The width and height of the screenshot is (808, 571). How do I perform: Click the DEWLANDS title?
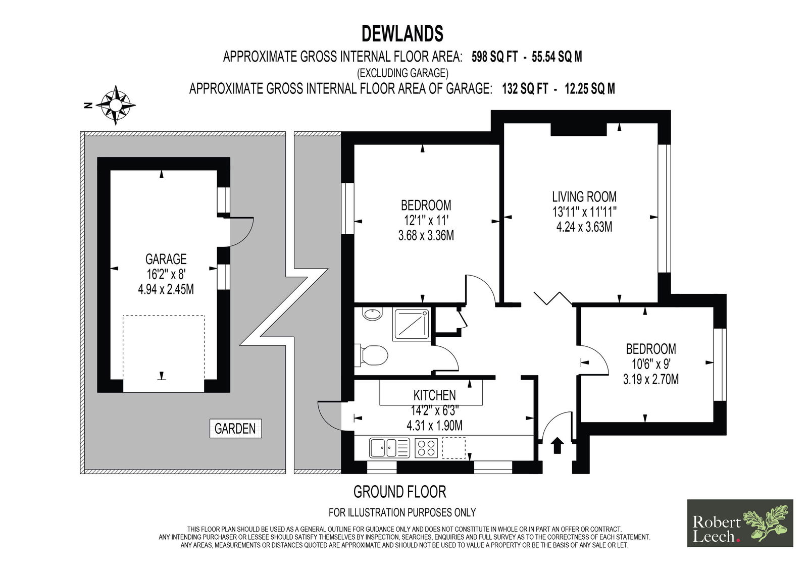tap(402, 34)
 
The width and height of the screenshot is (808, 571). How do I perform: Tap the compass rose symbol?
tap(116, 105)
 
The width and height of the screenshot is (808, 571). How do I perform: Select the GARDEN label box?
tap(235, 428)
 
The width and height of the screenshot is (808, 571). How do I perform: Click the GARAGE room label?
tap(166, 258)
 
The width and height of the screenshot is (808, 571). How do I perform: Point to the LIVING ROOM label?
tap(584, 196)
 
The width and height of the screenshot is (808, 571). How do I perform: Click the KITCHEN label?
tap(434, 395)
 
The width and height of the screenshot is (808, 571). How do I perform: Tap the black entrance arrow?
tap(558, 445)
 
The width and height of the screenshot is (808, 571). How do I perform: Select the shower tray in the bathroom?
tap(411, 324)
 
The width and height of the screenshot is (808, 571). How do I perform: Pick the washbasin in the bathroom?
tap(372, 314)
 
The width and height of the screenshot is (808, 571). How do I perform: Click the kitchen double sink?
tap(389, 448)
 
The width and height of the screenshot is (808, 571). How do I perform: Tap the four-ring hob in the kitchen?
tap(426, 448)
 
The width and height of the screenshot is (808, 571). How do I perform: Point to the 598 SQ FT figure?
tap(495, 57)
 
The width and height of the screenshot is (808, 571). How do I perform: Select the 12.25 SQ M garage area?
tap(589, 89)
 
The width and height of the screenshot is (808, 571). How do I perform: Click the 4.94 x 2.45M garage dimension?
tap(166, 289)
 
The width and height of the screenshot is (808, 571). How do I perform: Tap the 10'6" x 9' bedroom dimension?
tap(651, 364)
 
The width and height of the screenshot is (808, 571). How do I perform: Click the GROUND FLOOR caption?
tap(399, 492)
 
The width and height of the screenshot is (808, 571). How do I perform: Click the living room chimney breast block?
tap(578, 129)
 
